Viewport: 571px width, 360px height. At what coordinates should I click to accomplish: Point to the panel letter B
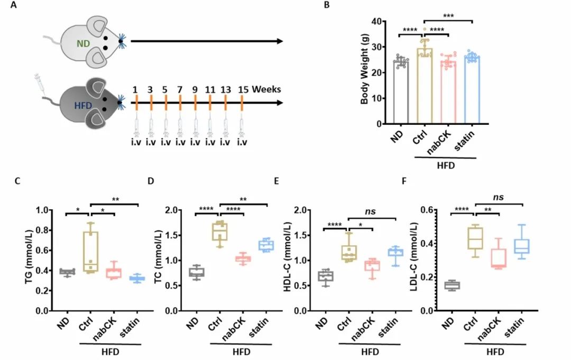point(326,6)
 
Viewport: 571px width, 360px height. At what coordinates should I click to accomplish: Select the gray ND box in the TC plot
point(197,272)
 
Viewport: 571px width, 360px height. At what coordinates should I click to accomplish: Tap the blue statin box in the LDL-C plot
point(522,246)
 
